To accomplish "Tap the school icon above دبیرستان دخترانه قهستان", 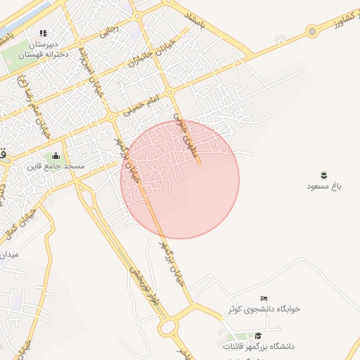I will point(42,33).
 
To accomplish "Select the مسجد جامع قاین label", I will point(56,167).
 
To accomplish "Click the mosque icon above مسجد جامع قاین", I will point(56,156).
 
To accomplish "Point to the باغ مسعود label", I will point(323,186).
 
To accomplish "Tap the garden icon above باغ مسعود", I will point(323,174).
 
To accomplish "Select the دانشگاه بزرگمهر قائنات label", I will point(258,347).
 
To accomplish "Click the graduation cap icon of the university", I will point(258,336).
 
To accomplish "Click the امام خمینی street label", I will point(143,105).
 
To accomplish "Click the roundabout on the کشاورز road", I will point(311,32).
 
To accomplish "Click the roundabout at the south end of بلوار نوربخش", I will point(169,326).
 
